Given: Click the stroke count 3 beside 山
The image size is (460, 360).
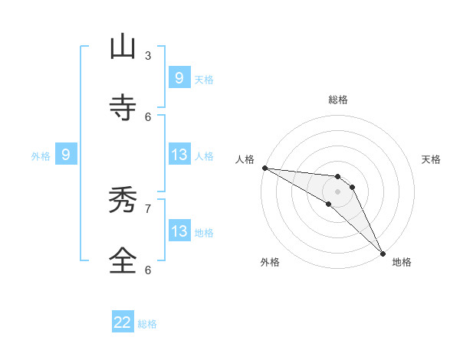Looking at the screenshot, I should [148, 55].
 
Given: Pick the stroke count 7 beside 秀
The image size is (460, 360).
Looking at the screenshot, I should [148, 208].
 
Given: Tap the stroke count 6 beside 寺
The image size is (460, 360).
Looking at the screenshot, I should [148, 116].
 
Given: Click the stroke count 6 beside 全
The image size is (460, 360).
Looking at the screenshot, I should [148, 269].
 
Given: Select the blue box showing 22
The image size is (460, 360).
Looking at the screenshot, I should [123, 322].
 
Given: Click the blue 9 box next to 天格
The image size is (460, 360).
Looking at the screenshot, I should [179, 77].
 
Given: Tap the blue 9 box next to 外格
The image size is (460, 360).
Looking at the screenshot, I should [66, 155].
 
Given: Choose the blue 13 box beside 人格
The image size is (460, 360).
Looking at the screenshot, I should [179, 155].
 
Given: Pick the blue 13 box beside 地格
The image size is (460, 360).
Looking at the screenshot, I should [179, 231].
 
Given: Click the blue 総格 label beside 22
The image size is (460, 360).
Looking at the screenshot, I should [147, 324].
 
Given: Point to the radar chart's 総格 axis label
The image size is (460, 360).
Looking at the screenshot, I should [338, 100].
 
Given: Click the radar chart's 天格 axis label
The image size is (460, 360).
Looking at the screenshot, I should [432, 159].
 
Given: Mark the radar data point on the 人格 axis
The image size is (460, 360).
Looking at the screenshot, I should [264, 168].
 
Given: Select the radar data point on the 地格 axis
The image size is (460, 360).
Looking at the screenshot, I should [383, 253].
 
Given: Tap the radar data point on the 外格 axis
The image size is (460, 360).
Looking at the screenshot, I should [329, 204].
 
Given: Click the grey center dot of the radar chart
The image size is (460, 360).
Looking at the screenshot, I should [337, 191].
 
